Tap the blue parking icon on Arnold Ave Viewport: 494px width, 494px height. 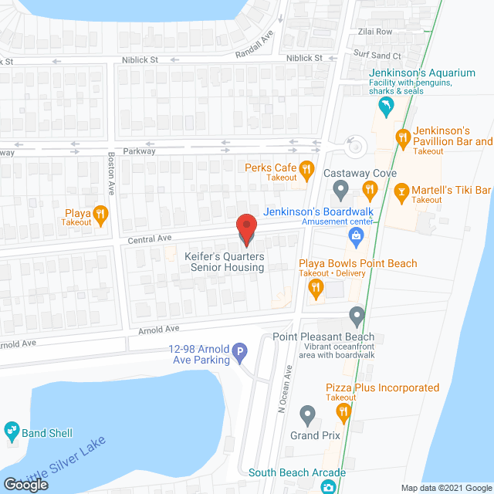tap(239, 354)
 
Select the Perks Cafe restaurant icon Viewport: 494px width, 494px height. tap(306, 168)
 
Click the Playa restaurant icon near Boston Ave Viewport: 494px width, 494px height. tap(100, 214)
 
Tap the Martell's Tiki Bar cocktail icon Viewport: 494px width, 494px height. tap(401, 191)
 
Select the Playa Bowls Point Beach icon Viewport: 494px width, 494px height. tap(315, 289)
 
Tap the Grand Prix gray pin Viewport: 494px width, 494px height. tap(308, 417)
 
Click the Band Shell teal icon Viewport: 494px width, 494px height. tap(12, 429)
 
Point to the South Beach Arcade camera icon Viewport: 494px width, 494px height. tap(329, 487)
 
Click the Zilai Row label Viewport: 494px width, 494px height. tap(374, 32)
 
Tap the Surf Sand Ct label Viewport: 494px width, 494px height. tap(377, 56)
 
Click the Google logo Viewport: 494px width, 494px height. tap(25, 484)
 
